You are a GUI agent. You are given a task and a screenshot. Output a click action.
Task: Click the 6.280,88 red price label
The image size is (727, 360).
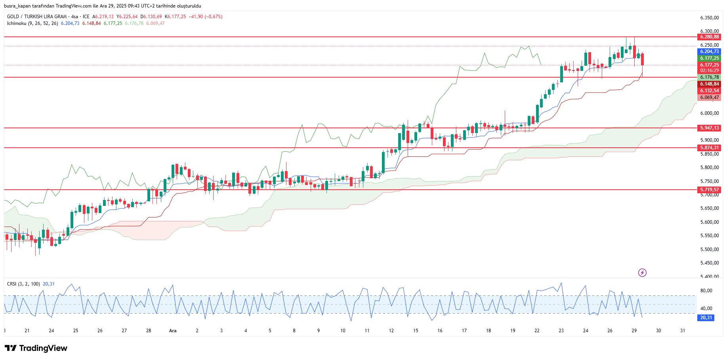tap(709, 37)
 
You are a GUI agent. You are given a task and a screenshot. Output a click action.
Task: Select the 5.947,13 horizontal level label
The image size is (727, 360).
tap(709, 128)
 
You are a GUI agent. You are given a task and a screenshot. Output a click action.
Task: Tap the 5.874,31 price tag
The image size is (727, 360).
tap(709, 148)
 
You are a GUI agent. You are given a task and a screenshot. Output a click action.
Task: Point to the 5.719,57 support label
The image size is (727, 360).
tap(709, 190)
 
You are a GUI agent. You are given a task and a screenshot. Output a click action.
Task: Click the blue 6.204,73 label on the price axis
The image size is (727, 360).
tap(709, 51)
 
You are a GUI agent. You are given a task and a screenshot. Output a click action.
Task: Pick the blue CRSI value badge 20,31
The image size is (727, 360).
tap(706, 318)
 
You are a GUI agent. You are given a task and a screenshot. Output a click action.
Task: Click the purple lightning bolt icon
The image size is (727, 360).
tap(642, 272)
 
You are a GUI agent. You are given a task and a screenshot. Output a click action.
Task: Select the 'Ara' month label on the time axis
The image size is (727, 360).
tap(173, 331)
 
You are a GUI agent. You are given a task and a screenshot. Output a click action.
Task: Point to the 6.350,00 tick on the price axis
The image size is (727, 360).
tap(709, 18)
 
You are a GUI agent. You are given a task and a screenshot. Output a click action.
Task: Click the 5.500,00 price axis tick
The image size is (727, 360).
tap(709, 250)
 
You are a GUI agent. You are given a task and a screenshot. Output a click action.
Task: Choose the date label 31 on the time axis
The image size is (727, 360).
tap(683, 331)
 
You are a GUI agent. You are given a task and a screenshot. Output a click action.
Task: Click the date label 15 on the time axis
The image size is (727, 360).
tap(416, 331)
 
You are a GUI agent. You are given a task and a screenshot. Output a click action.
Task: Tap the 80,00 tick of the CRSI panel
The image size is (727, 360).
tap(706, 291)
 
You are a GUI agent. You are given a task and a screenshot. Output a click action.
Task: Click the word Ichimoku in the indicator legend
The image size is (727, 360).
tap(17, 23)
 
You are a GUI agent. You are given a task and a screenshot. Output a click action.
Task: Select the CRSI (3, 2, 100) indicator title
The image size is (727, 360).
tap(23, 284)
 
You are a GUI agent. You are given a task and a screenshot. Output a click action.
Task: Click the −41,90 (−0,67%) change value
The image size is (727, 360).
tap(206, 17)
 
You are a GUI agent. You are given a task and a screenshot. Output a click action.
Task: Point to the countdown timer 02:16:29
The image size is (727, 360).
tap(709, 70)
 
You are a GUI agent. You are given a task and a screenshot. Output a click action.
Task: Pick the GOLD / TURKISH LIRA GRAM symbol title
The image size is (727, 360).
tap(37, 17)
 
